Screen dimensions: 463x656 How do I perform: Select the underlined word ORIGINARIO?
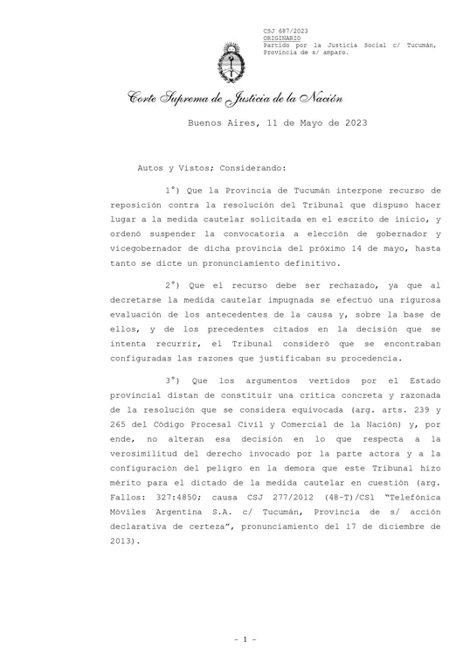coord(282,39)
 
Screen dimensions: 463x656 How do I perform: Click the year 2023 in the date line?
coord(349,124)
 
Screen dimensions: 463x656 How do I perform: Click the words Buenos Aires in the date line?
coord(224,124)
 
